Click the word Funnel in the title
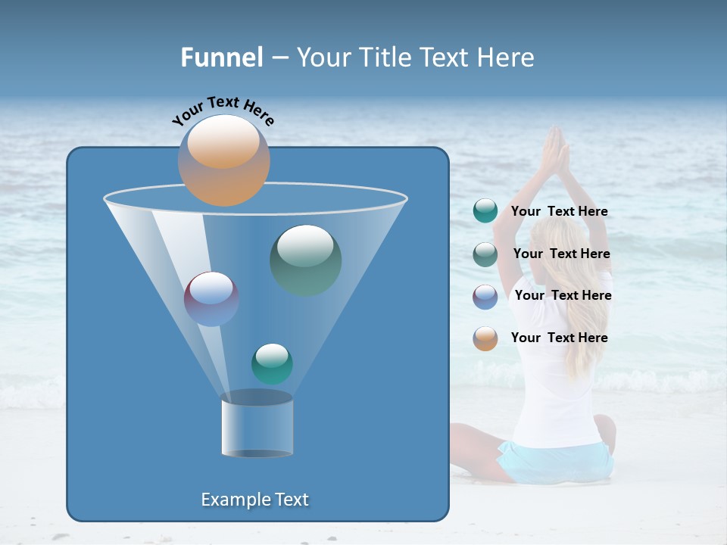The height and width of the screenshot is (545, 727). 221,58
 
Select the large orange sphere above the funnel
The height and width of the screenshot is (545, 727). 223,160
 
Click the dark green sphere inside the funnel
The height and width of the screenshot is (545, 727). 305,260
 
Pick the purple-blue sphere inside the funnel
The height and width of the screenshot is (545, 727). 211,298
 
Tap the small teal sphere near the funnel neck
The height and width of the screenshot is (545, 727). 272,363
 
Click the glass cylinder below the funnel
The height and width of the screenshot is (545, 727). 257,427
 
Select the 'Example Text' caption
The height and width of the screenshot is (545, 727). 254,500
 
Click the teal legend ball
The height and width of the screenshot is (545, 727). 485,211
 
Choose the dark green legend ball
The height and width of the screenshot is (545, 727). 485,254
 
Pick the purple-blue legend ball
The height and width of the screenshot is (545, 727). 485,296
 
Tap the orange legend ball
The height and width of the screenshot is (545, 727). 485,338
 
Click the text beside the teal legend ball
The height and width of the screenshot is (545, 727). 559,212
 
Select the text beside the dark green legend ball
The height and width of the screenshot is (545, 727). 561,254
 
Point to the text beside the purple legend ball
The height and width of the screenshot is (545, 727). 563,296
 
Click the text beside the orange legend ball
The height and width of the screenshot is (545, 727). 559,338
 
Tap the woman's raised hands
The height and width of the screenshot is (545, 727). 555,151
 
